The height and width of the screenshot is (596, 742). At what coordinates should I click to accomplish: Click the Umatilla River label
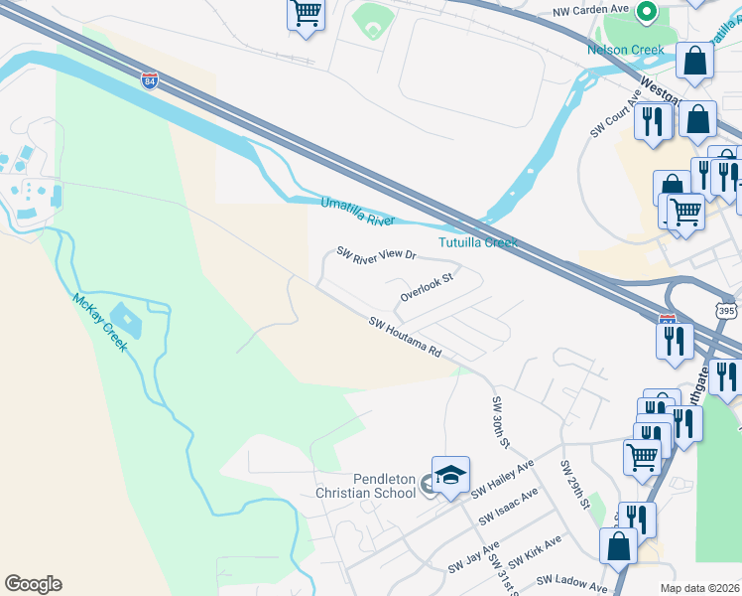pyautogui.click(x=357, y=211)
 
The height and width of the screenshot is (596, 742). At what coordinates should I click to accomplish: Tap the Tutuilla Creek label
pyautogui.click(x=478, y=242)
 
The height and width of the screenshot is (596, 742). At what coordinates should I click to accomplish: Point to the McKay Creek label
pyautogui.click(x=99, y=322)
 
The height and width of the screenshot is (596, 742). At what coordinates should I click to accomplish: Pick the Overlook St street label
pyautogui.click(x=427, y=287)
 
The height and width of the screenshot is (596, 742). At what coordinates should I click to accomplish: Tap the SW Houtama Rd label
pyautogui.click(x=405, y=338)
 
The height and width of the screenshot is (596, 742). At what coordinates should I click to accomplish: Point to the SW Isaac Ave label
pyautogui.click(x=508, y=507)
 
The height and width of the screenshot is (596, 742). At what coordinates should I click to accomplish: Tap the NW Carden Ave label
pyautogui.click(x=591, y=9)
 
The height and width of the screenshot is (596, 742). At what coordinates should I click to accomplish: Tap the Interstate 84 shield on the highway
pyautogui.click(x=149, y=80)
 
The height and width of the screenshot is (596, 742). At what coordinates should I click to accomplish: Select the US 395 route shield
pyautogui.click(x=727, y=311)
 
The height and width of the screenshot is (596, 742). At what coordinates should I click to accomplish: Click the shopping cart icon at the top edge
pyautogui.click(x=307, y=14)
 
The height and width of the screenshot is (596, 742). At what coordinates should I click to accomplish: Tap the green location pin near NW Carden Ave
pyautogui.click(x=647, y=12)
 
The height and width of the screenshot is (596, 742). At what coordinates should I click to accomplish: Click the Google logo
pyautogui.click(x=33, y=584)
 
